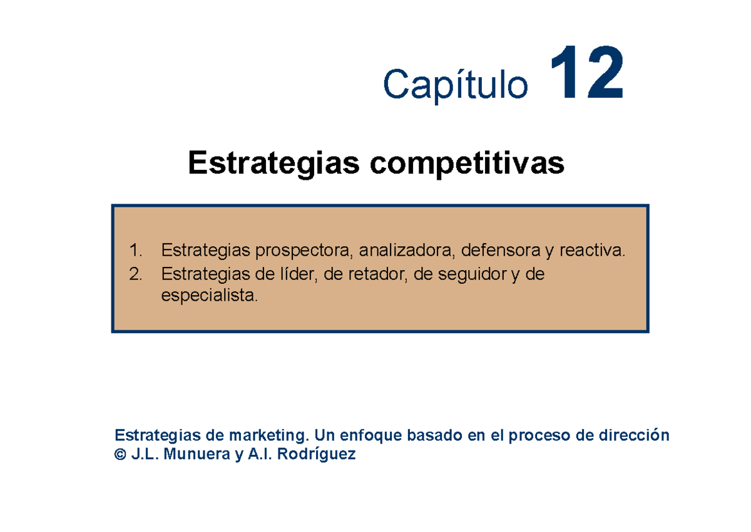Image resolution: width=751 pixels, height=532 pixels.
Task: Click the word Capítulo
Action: point(455,85)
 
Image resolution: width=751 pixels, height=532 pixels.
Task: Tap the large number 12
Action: point(586,75)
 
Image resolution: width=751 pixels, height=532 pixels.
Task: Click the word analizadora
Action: point(406,252)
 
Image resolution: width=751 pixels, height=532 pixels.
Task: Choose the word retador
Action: point(373,274)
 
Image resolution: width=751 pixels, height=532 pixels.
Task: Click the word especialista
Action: point(208,296)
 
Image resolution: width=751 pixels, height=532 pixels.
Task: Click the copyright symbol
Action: point(120,455)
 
